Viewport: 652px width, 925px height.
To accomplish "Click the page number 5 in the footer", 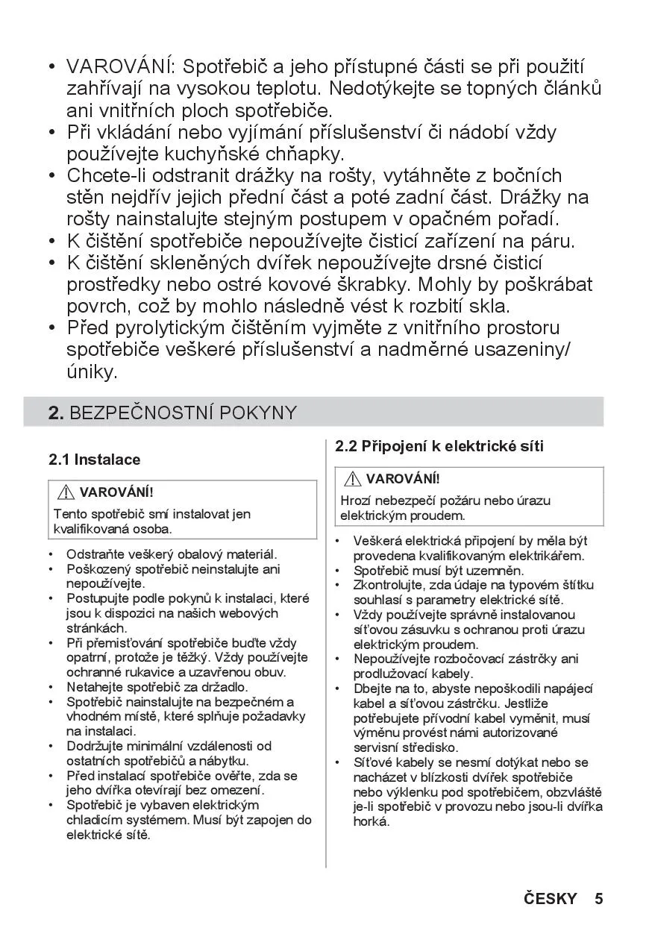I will pos(598,898).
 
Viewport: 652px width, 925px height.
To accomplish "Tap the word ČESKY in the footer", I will pos(551,898).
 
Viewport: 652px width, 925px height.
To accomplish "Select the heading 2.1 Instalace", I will pos(95,460).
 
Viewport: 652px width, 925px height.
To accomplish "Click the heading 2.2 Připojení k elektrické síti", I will pos(439,446).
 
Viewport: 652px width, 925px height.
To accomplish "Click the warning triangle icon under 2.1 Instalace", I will pos(66,492).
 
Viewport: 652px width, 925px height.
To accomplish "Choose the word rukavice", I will pos(139,671).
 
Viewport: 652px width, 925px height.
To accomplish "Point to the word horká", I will pos(371,821).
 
